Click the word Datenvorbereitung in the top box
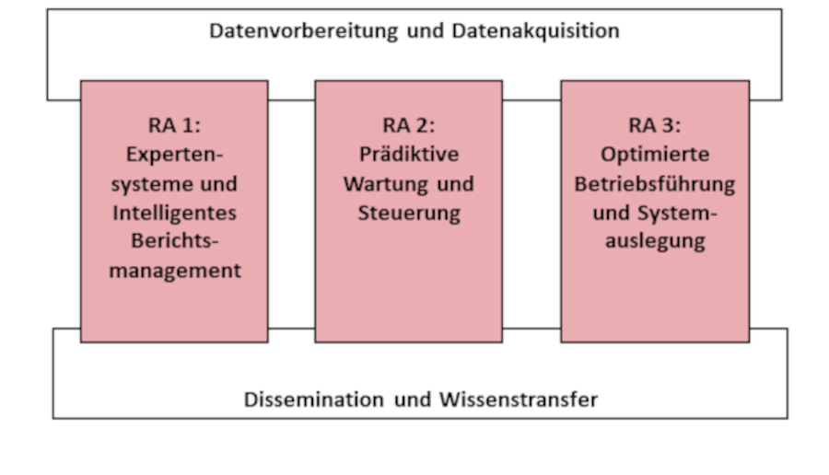pos(303,31)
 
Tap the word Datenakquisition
pos(535,30)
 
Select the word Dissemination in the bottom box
pos(313,400)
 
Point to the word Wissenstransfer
pos(519,400)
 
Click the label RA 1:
pos(174,126)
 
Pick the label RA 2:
pos(409,126)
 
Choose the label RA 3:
pos(655,126)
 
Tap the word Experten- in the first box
pos(174,156)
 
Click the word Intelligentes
pos(174,214)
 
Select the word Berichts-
pos(174,241)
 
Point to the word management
pos(175,271)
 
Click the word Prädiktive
pos(409,155)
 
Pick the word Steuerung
pos(409,214)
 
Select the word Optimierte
pos(655,155)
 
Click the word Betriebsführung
pos(655,185)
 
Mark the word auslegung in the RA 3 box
pos(655,241)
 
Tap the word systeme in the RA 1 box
pos(144,185)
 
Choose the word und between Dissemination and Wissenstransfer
pos(413,400)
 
